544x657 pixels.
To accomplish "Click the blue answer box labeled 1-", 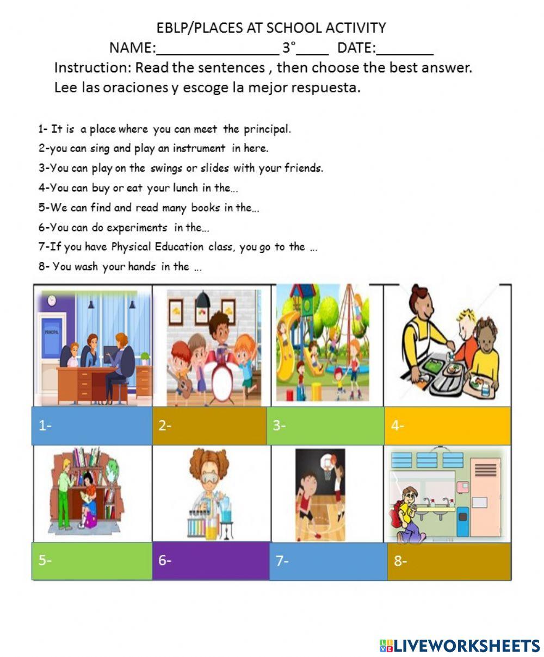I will pos(92,426).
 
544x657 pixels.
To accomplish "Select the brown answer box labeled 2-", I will pos(209,426).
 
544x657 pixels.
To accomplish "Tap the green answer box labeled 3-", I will pos(325,426).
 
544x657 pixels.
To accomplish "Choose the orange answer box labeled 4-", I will pos(448,426).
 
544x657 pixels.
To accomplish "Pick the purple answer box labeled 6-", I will pos(211,561).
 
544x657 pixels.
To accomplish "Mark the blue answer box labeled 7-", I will pos(329,561).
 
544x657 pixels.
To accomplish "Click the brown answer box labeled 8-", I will pos(449,561).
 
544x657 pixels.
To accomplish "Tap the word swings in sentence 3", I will pos(165,168).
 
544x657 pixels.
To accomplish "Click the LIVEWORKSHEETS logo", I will pos(460,645).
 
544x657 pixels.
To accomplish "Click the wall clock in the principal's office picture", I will pos(51,299).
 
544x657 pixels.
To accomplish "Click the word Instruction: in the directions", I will pos(92,68).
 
